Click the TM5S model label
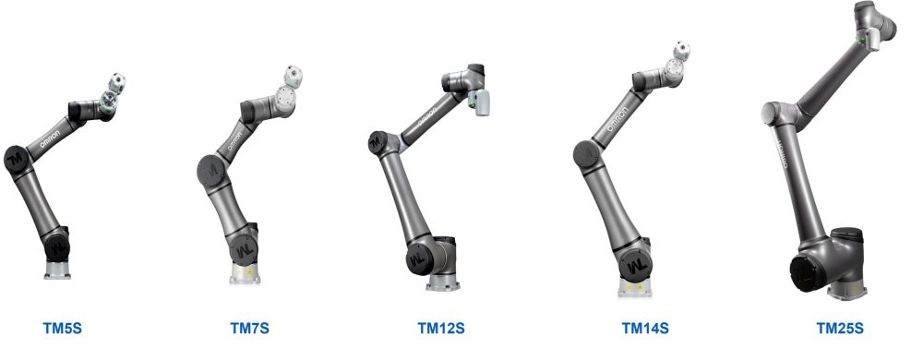tap(68, 328)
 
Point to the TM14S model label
tap(644, 328)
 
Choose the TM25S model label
tap(839, 328)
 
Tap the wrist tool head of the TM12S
tap(478, 101)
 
